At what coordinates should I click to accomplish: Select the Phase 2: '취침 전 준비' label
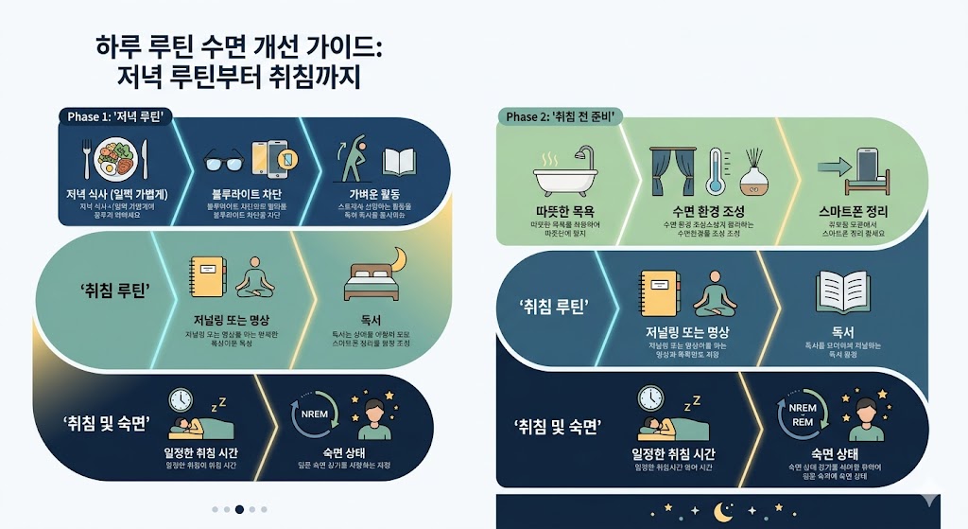click(x=561, y=116)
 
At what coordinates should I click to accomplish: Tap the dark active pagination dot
click(x=239, y=509)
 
